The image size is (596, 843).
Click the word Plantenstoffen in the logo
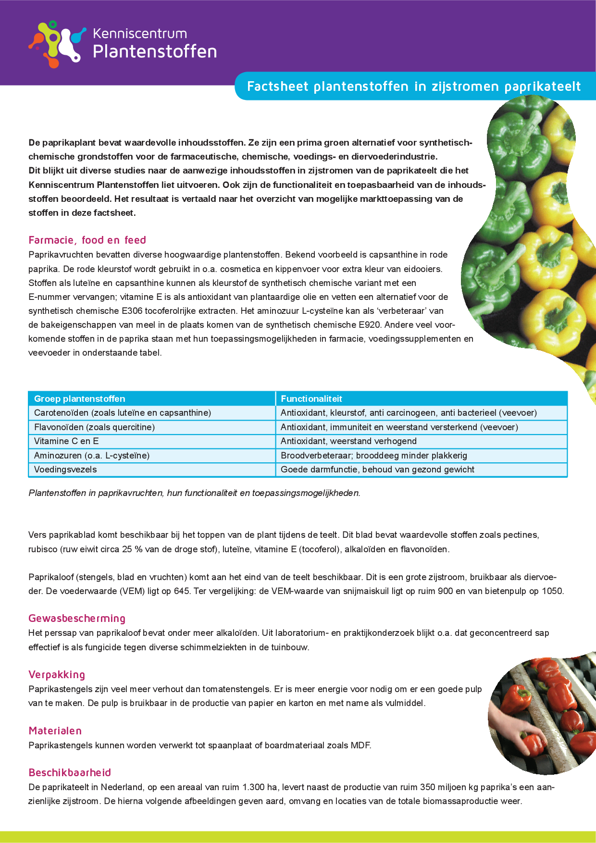(154, 51)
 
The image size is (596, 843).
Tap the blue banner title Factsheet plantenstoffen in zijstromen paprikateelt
(413, 87)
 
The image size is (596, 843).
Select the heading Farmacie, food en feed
(87, 240)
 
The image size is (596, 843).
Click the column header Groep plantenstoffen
(80, 398)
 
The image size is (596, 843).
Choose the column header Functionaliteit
(311, 398)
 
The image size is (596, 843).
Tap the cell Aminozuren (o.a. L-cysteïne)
(92, 455)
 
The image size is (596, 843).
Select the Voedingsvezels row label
(65, 469)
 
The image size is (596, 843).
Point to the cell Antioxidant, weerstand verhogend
(348, 441)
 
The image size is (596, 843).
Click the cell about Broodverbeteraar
(374, 455)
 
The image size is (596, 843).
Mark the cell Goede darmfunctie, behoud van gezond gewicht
(377, 469)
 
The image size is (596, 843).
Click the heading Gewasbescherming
(77, 618)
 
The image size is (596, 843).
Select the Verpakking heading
(57, 674)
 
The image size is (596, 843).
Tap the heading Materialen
(55, 731)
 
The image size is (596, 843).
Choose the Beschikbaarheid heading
(70, 772)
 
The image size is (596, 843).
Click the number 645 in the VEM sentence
(182, 591)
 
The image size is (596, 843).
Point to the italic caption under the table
(194, 493)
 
